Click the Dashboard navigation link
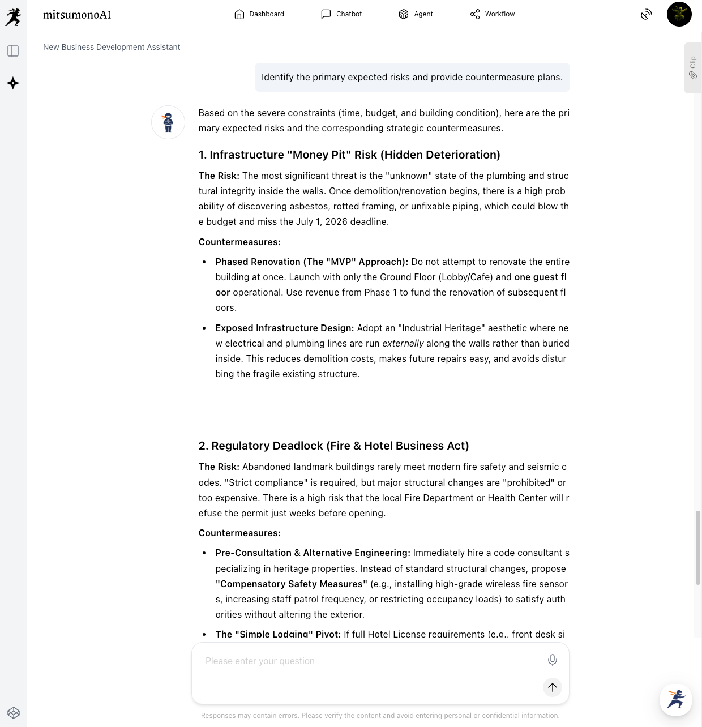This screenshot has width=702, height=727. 259,14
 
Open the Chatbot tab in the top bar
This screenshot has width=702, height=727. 341,14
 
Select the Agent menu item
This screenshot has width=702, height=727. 416,14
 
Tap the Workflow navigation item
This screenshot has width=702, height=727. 493,14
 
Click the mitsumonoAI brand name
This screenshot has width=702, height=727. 77,15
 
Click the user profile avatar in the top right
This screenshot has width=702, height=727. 679,14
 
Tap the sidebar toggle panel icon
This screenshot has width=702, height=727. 13,51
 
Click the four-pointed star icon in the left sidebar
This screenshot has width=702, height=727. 13,83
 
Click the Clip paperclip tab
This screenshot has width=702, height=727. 692,67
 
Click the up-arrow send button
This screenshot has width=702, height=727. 552,687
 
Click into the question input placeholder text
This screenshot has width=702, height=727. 260,661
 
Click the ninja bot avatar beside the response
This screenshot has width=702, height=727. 168,122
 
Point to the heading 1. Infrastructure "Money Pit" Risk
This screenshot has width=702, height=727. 349,155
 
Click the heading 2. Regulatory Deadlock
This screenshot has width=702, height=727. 333,446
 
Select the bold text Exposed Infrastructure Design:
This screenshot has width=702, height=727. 284,328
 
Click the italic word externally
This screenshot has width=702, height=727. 403,343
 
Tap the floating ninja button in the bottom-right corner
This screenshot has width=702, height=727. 675,699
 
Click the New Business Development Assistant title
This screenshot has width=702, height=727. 112,47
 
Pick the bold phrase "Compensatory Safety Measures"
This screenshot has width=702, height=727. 291,584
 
